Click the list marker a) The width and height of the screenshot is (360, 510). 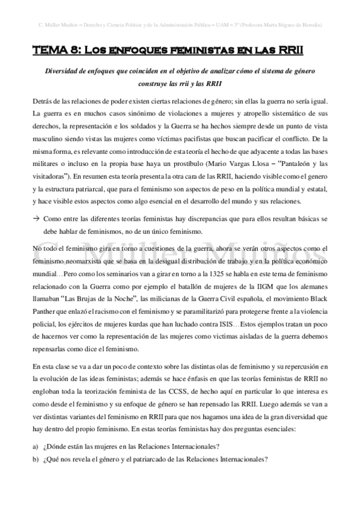37,446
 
